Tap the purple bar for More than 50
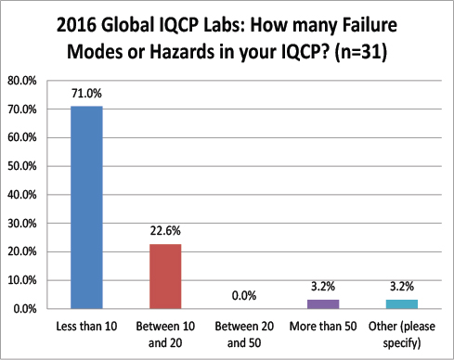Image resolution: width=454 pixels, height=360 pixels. pos(322,303)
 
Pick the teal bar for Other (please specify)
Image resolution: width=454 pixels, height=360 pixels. pos(400,303)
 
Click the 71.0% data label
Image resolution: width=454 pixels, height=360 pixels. pos(87,94)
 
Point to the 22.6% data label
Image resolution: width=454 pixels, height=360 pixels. pos(165,232)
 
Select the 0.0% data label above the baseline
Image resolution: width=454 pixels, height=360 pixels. pos(243,296)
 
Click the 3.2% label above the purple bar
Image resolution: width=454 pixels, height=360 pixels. pos(322,287)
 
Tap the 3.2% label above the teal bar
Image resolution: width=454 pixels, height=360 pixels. pos(400,287)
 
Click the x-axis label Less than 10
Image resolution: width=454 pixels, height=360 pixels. pos(87,328)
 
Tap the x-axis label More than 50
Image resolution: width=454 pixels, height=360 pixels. pos(322,328)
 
